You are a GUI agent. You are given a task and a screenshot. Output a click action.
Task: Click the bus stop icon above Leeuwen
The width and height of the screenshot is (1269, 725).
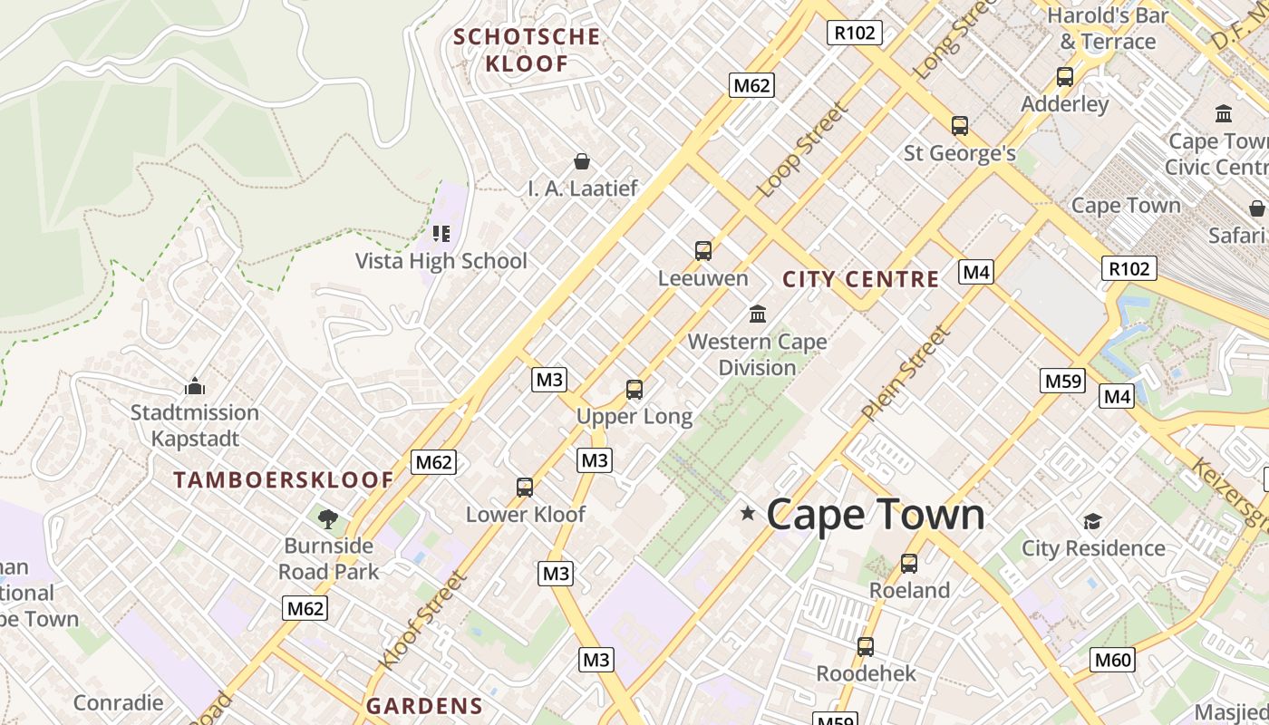tap(702, 251)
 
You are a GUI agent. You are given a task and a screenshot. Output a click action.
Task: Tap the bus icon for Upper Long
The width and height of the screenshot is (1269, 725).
tap(634, 390)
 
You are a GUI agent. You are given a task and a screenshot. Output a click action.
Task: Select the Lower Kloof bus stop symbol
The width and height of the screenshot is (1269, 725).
tap(525, 488)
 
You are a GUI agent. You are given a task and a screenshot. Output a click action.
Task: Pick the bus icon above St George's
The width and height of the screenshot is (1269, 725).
tap(959, 126)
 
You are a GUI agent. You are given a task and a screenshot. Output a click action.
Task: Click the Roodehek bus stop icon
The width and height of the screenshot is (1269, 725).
tap(866, 647)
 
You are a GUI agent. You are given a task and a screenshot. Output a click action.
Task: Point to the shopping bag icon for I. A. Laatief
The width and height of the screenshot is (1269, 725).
tap(582, 161)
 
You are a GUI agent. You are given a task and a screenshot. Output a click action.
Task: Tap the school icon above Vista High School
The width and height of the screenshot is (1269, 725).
tap(441, 234)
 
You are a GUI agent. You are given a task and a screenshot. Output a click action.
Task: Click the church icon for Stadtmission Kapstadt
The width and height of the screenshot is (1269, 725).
tap(195, 387)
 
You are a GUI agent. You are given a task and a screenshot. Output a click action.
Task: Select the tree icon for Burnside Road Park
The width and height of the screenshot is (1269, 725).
tap(328, 519)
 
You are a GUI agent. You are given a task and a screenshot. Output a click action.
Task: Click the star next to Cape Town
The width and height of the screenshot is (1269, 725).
tap(748, 514)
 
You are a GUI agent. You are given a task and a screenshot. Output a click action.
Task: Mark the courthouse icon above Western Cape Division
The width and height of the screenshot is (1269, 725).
tap(758, 314)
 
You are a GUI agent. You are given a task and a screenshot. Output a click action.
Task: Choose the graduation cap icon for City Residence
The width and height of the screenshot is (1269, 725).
tap(1092, 521)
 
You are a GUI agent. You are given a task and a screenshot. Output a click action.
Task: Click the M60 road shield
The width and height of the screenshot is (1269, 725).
tap(1111, 660)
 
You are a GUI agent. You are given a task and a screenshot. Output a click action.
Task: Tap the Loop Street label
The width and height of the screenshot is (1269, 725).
tap(802, 150)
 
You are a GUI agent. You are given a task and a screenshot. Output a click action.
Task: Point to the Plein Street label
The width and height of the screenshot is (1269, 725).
tap(906, 373)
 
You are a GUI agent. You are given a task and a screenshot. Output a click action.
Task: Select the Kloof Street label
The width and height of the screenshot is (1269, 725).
tap(422, 621)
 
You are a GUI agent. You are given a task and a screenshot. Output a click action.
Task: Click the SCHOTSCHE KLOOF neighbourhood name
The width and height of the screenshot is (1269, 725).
tap(527, 50)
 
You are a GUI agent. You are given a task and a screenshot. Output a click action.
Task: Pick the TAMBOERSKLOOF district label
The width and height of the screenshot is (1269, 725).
tap(284, 480)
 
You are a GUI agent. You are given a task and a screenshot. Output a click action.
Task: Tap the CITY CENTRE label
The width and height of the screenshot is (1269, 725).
tap(860, 279)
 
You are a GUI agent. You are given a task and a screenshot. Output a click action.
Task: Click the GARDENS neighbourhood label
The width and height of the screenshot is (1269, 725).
tap(424, 706)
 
